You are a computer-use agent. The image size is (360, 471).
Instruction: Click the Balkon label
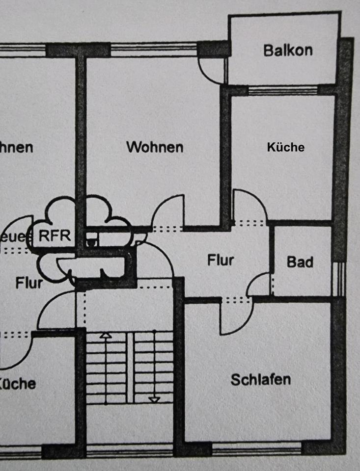(287, 50)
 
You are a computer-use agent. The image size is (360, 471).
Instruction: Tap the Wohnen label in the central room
(155, 147)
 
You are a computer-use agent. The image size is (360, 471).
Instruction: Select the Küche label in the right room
(285, 147)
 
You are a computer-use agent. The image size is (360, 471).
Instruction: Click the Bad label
(300, 262)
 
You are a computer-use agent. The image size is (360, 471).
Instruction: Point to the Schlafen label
(260, 379)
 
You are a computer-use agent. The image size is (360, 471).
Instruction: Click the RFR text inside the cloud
(55, 235)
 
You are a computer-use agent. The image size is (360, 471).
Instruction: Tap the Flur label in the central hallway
(220, 260)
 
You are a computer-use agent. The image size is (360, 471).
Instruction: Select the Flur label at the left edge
(28, 283)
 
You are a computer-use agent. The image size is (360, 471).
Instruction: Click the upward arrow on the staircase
(105, 337)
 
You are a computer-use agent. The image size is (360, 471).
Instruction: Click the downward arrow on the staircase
(154, 399)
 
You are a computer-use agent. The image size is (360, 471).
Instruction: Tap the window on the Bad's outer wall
(338, 279)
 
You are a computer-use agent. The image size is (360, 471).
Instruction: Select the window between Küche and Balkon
(283, 90)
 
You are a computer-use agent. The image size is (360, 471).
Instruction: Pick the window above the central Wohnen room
(153, 49)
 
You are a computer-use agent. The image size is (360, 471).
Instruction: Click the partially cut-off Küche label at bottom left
(18, 383)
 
